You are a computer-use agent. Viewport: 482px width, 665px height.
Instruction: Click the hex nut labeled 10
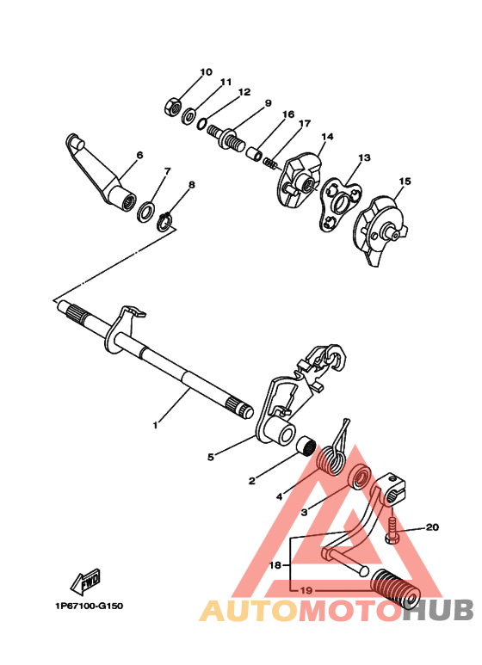(x=170, y=107)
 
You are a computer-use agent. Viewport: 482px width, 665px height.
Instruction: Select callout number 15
(x=405, y=182)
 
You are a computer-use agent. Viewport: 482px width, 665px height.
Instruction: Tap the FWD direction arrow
(x=88, y=584)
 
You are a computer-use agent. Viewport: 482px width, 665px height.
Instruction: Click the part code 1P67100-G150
(x=89, y=606)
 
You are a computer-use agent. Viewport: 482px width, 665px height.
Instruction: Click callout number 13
(x=364, y=158)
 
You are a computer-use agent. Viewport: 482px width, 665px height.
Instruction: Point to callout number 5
(x=210, y=458)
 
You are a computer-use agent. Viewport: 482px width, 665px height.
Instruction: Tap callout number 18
(x=275, y=565)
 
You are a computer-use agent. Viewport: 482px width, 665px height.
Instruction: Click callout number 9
(x=268, y=103)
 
